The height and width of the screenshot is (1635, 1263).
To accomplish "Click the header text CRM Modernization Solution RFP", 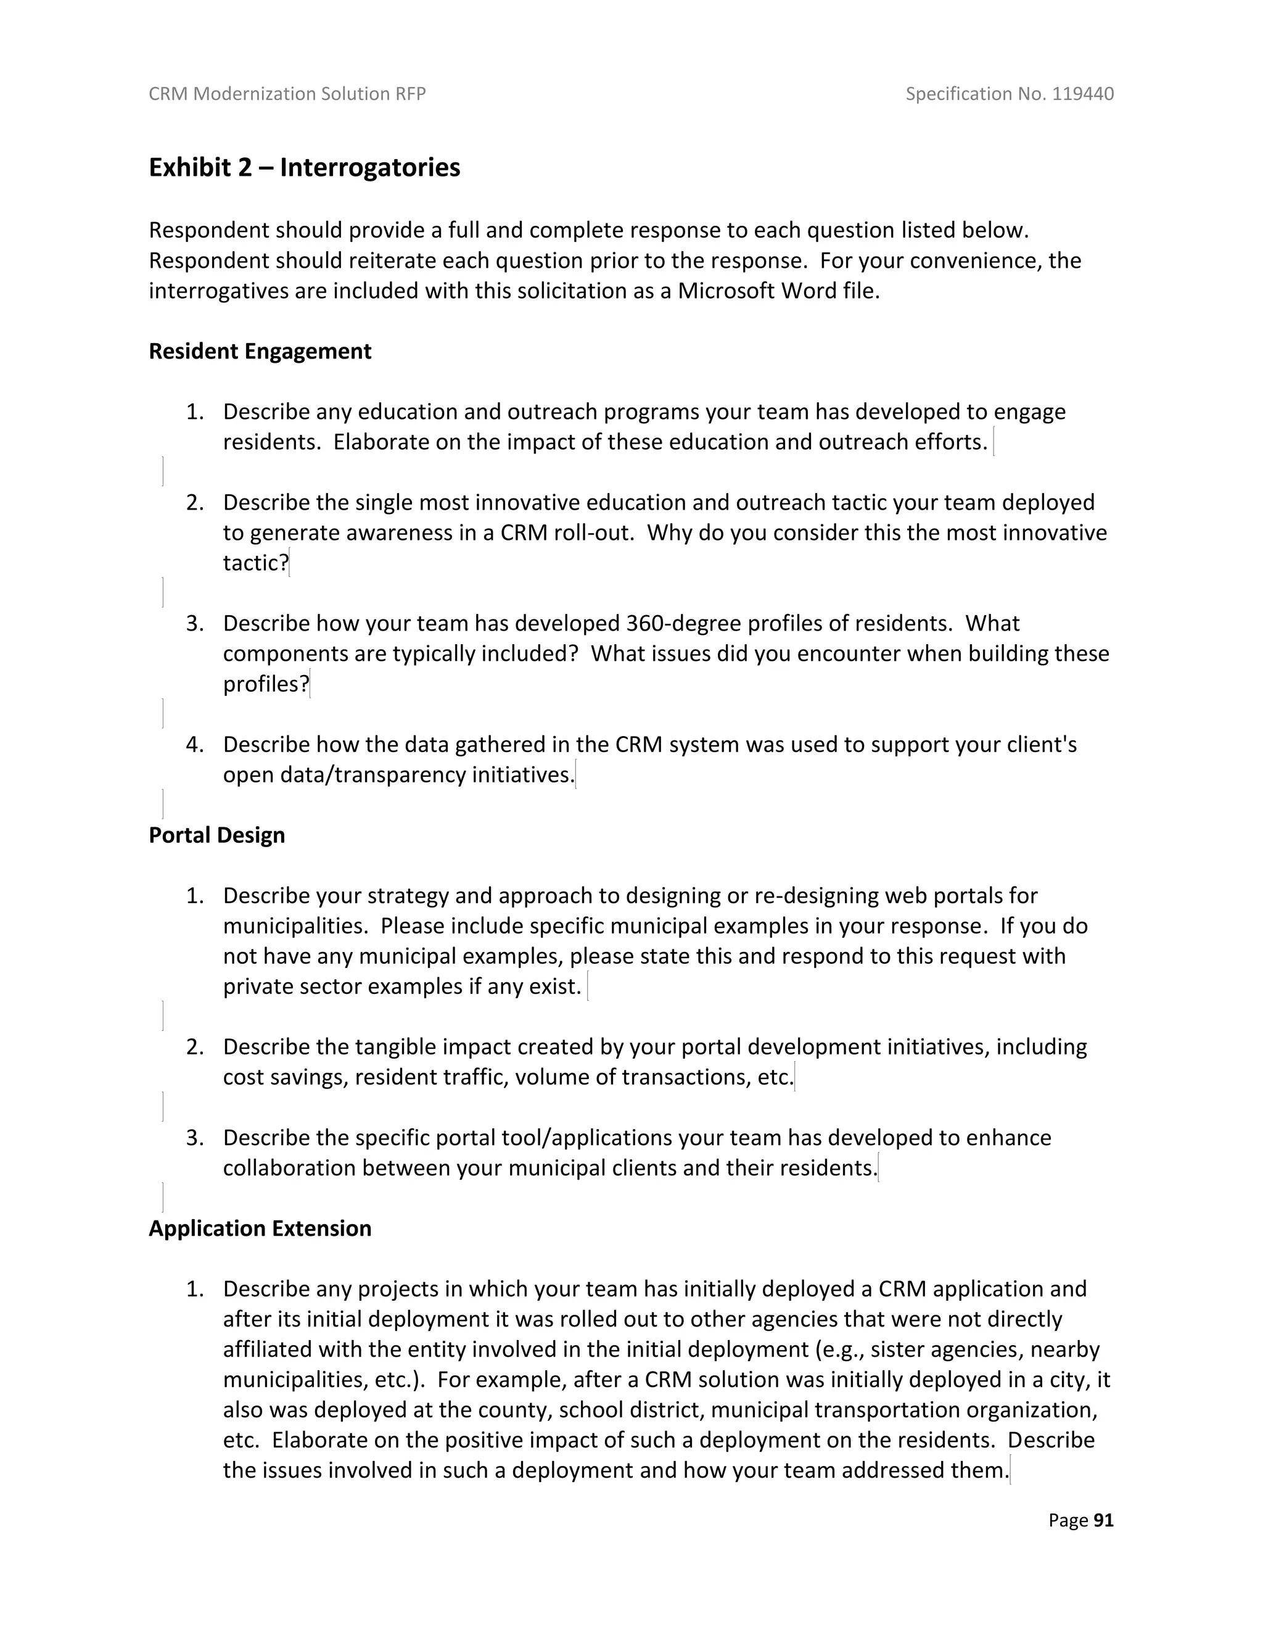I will (x=287, y=94).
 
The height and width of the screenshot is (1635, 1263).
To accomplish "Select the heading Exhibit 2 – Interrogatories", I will (x=305, y=167).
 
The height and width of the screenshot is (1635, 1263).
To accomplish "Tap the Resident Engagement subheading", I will (x=260, y=351).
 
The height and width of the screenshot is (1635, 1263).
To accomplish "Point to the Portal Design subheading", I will (x=217, y=835).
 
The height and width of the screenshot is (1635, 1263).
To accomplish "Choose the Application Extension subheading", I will (x=260, y=1228).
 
